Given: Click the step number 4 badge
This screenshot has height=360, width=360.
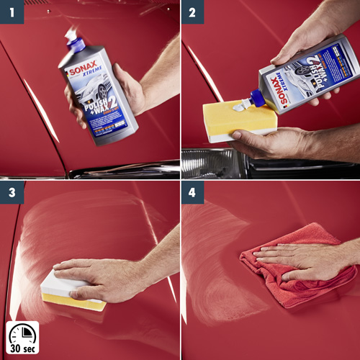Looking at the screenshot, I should [192, 192].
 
